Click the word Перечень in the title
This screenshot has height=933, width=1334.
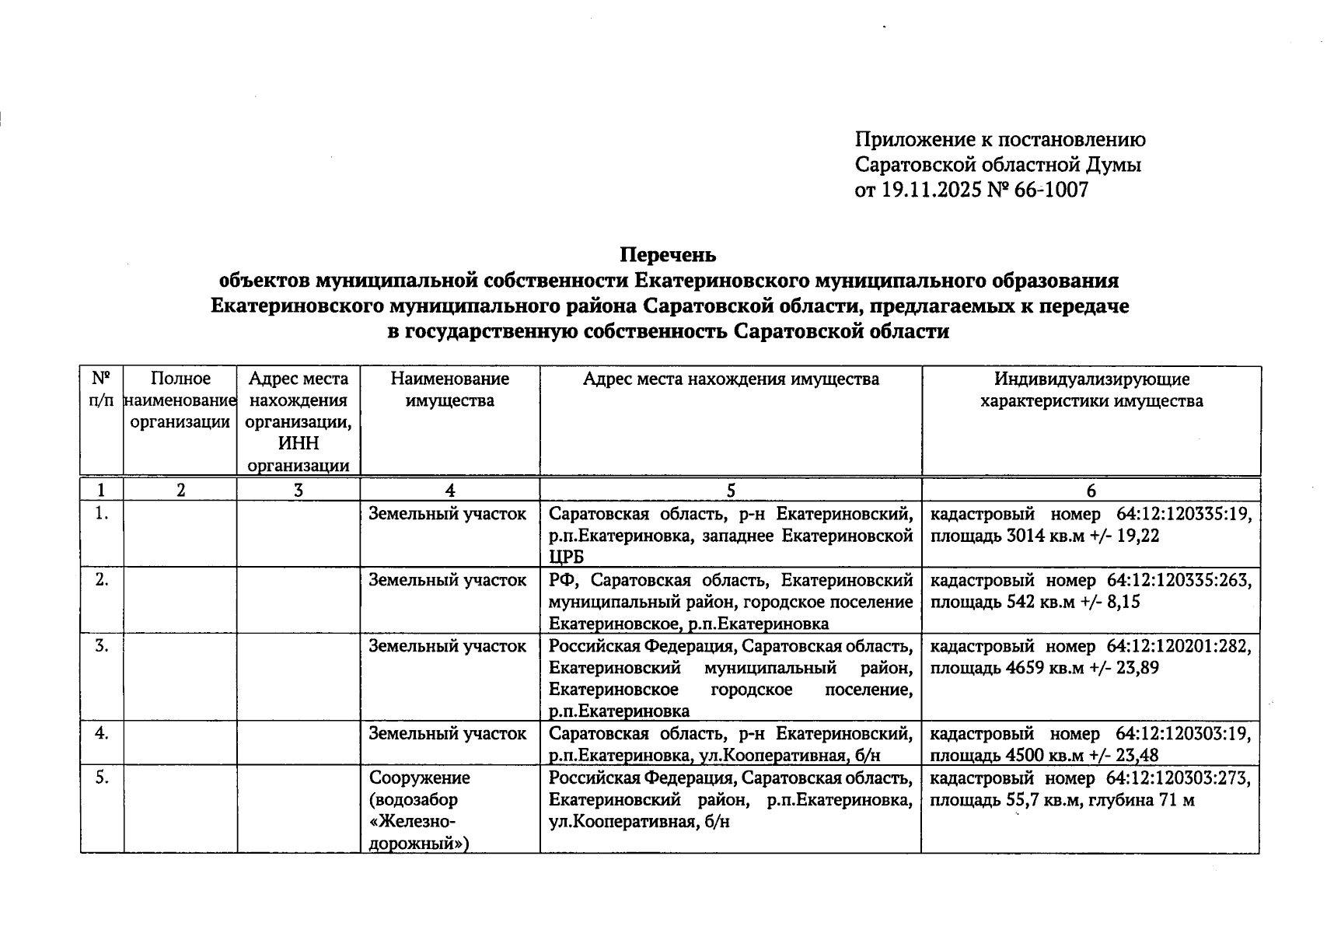coord(668,255)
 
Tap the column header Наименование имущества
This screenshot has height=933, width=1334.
coord(449,390)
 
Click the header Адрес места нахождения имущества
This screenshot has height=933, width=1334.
coord(731,379)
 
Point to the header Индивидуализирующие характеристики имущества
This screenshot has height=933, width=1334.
coord(1091,390)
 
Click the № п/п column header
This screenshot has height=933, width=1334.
coord(101,390)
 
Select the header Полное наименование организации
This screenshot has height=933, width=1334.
coord(180,400)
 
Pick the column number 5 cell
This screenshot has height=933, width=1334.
coord(731,490)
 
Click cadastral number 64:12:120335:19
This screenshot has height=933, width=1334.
coord(1183,515)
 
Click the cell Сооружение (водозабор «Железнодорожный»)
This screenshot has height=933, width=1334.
coord(420,810)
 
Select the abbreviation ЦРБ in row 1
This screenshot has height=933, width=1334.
coord(566,557)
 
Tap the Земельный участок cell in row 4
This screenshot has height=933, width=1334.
coord(447,734)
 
